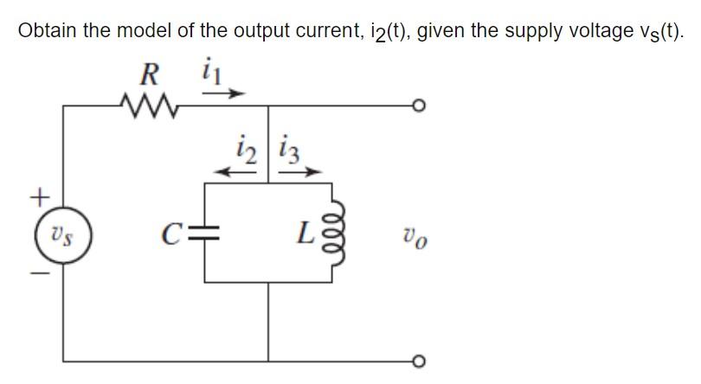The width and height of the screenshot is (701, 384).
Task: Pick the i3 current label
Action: point(288,149)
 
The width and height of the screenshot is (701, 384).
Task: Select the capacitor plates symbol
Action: point(204,232)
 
